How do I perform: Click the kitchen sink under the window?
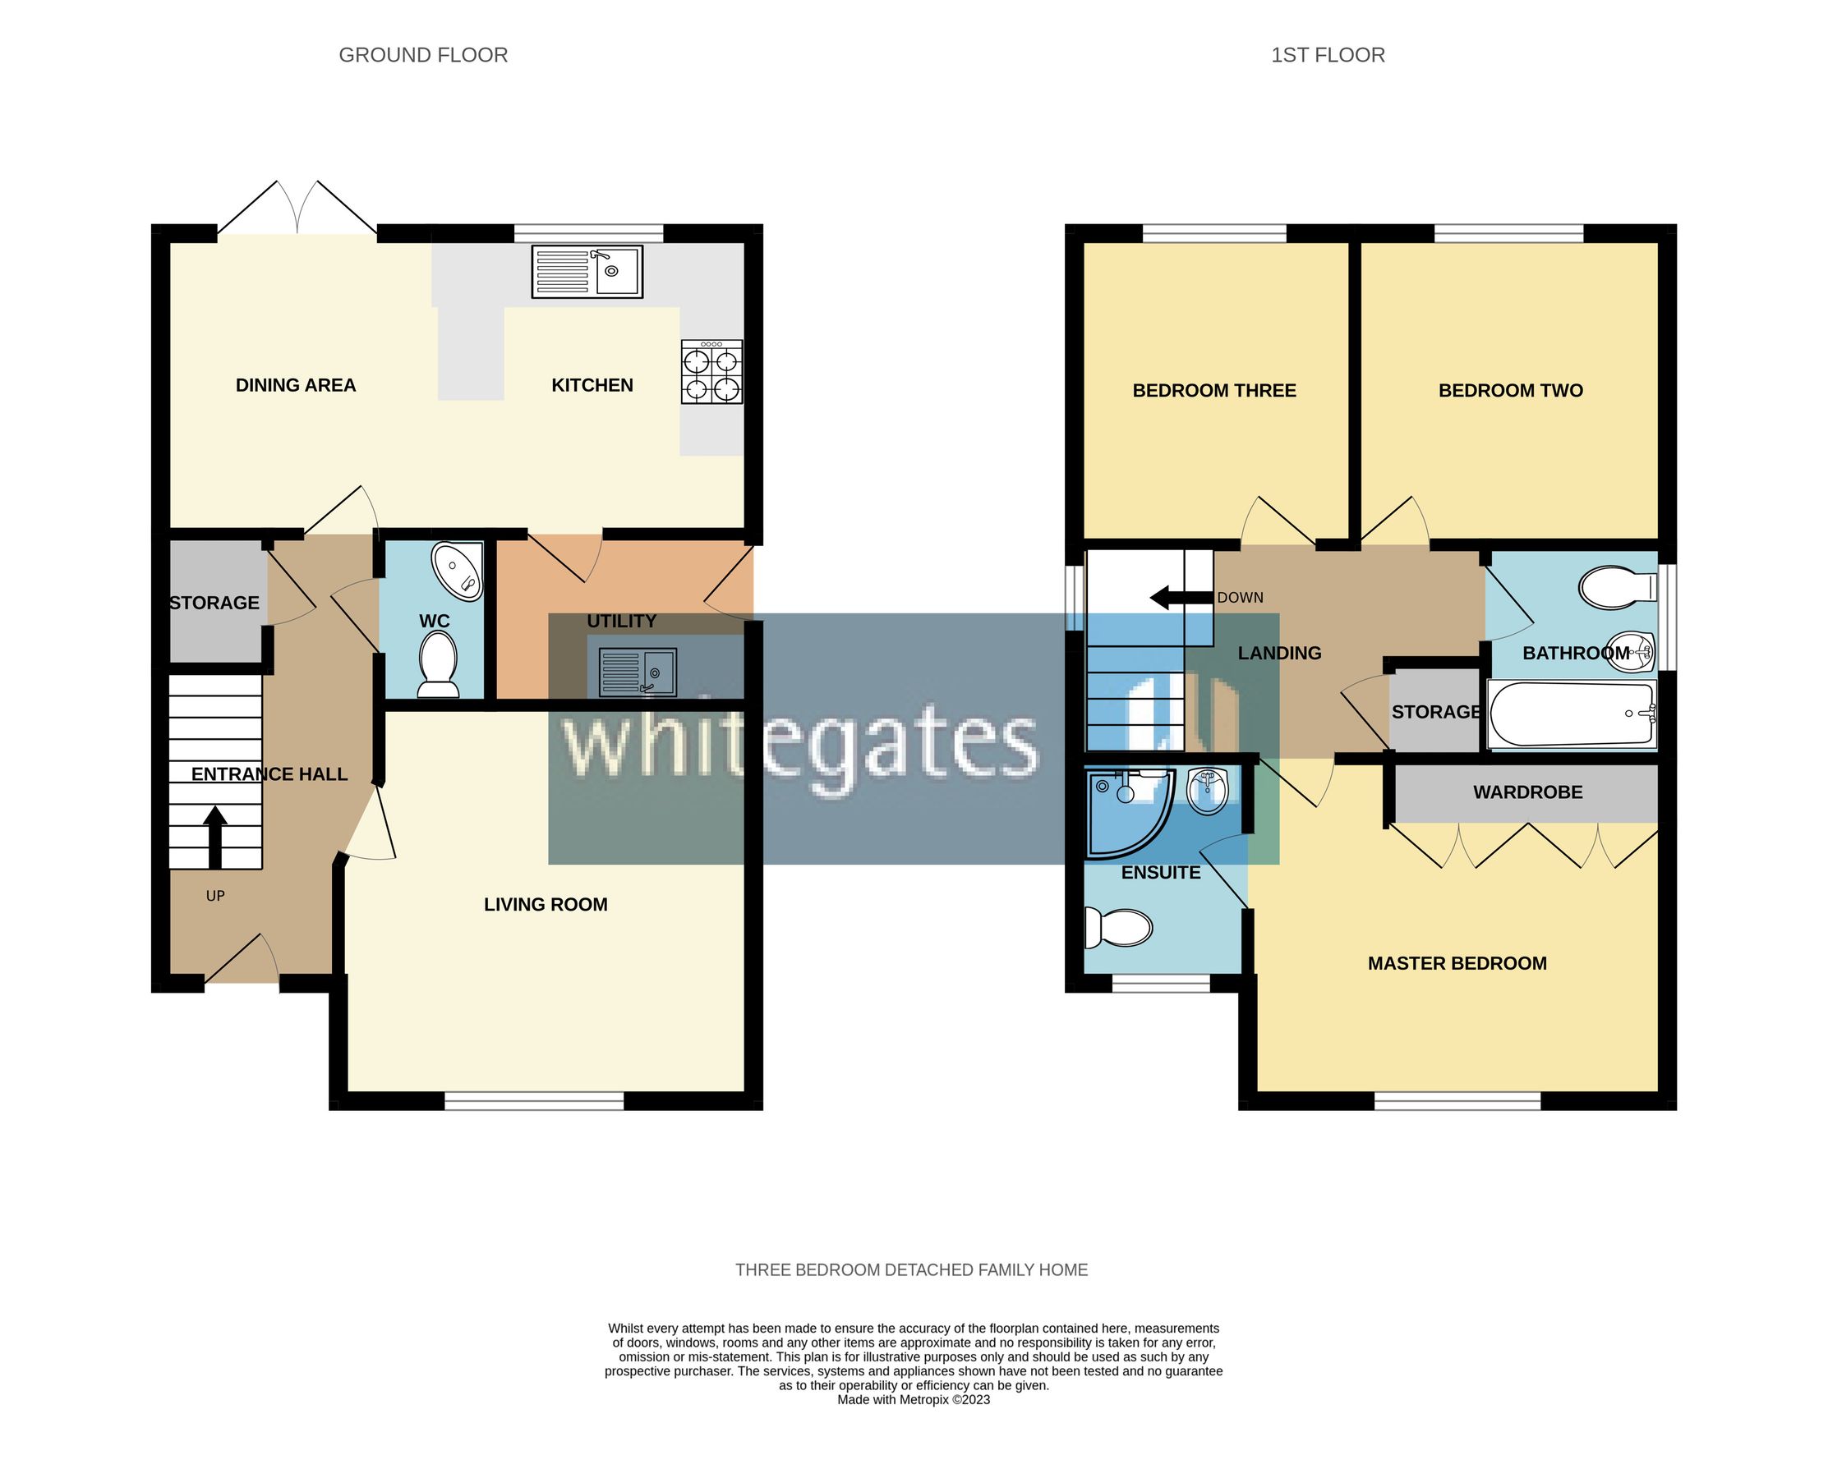coord(587,272)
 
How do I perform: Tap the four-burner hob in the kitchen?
coord(711,372)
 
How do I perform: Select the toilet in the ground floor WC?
coord(438,667)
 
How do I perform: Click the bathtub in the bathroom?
coord(1571,714)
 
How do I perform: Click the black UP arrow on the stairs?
coord(214,836)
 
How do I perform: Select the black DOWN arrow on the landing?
coord(1180,598)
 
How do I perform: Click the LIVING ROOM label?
coord(546,904)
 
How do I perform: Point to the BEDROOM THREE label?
coord(1213,391)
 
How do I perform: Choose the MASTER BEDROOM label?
coord(1457,964)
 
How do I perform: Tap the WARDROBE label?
coord(1527,792)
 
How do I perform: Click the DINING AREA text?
coord(296,386)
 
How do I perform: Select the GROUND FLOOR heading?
coord(423,55)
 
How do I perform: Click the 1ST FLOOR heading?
coord(1327,55)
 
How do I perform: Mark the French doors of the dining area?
coord(297,209)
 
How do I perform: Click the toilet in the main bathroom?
coord(1615,587)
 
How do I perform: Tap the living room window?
coord(534,1101)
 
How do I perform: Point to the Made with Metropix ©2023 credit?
coord(913,1400)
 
